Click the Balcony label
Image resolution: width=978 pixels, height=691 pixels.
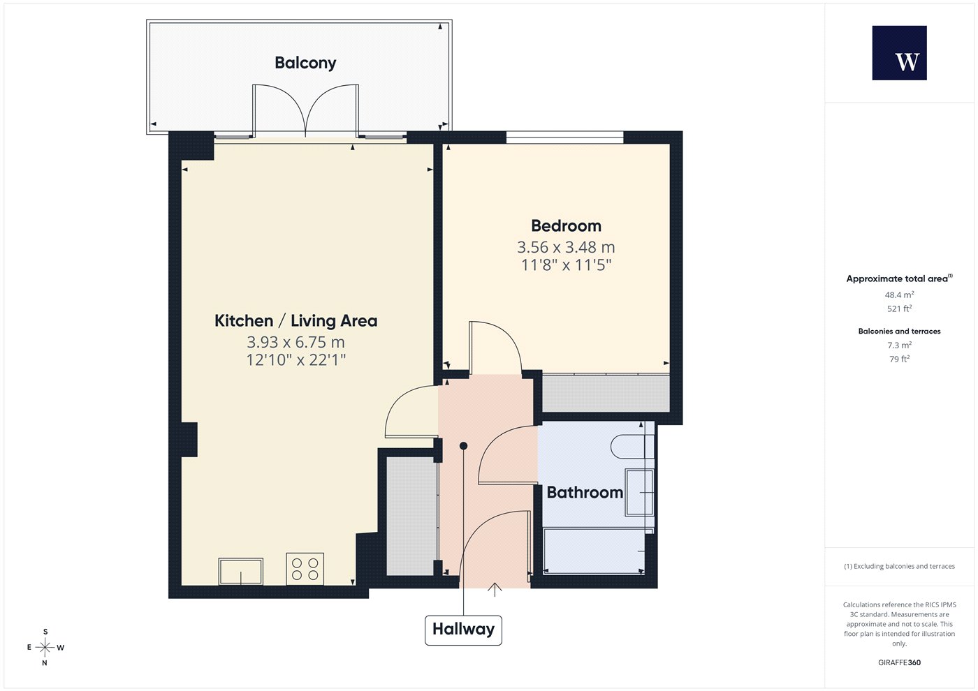pos(305,63)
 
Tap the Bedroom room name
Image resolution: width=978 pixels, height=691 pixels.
pos(566,225)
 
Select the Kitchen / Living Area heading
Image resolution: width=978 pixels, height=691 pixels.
pos(295,320)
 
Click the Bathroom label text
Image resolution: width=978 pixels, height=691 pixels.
pos(585,492)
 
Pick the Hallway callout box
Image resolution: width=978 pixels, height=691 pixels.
pos(463,630)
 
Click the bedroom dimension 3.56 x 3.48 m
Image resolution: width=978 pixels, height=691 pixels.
pos(566,247)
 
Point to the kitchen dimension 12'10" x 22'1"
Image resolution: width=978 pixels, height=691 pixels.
pos(295,360)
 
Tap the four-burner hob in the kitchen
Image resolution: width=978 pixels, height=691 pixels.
pos(305,569)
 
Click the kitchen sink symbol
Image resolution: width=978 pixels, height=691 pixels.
pos(240,571)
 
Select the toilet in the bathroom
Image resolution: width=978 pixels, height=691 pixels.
pos(632,447)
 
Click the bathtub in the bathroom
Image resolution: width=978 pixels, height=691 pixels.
pos(594,551)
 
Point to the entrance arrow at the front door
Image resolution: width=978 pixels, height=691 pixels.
pos(495,589)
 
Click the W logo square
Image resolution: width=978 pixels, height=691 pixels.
pos(900,53)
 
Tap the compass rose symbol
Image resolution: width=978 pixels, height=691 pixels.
pos(45,648)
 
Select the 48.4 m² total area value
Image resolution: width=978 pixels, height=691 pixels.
pos(900,295)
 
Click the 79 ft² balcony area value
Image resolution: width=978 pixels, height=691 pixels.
pos(900,359)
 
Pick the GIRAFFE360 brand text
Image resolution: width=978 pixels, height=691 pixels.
pos(900,662)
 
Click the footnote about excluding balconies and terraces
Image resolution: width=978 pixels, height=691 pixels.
pos(900,566)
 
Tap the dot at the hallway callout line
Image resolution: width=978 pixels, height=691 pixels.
pos(464,446)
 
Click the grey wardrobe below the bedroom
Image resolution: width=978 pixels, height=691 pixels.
pos(606,393)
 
